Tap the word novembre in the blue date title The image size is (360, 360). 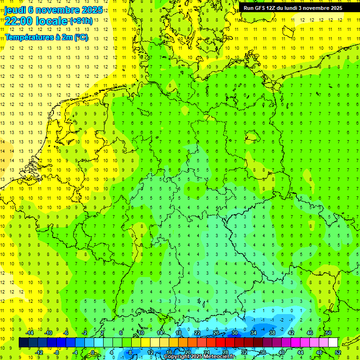pyautogui.click(x=59, y=9)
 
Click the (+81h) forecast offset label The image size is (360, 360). pyautogui.click(x=81, y=21)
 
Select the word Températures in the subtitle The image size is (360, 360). pyautogui.click(x=29, y=37)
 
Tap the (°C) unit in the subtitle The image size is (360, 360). pyautogui.click(x=81, y=37)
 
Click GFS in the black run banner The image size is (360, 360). pyautogui.click(x=259, y=8)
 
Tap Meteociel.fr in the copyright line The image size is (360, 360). pyautogui.click(x=219, y=357)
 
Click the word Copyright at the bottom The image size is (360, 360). pyautogui.click(x=178, y=357)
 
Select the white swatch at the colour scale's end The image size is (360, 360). pyautogui.click(x=333, y=343)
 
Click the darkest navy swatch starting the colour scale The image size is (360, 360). pyautogui.click(x=23, y=343)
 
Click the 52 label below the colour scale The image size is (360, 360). pyautogui.click(x=338, y=352)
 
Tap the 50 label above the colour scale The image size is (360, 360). pyautogui.click(x=329, y=333)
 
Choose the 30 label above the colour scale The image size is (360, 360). pyautogui.click(x=235, y=333)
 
